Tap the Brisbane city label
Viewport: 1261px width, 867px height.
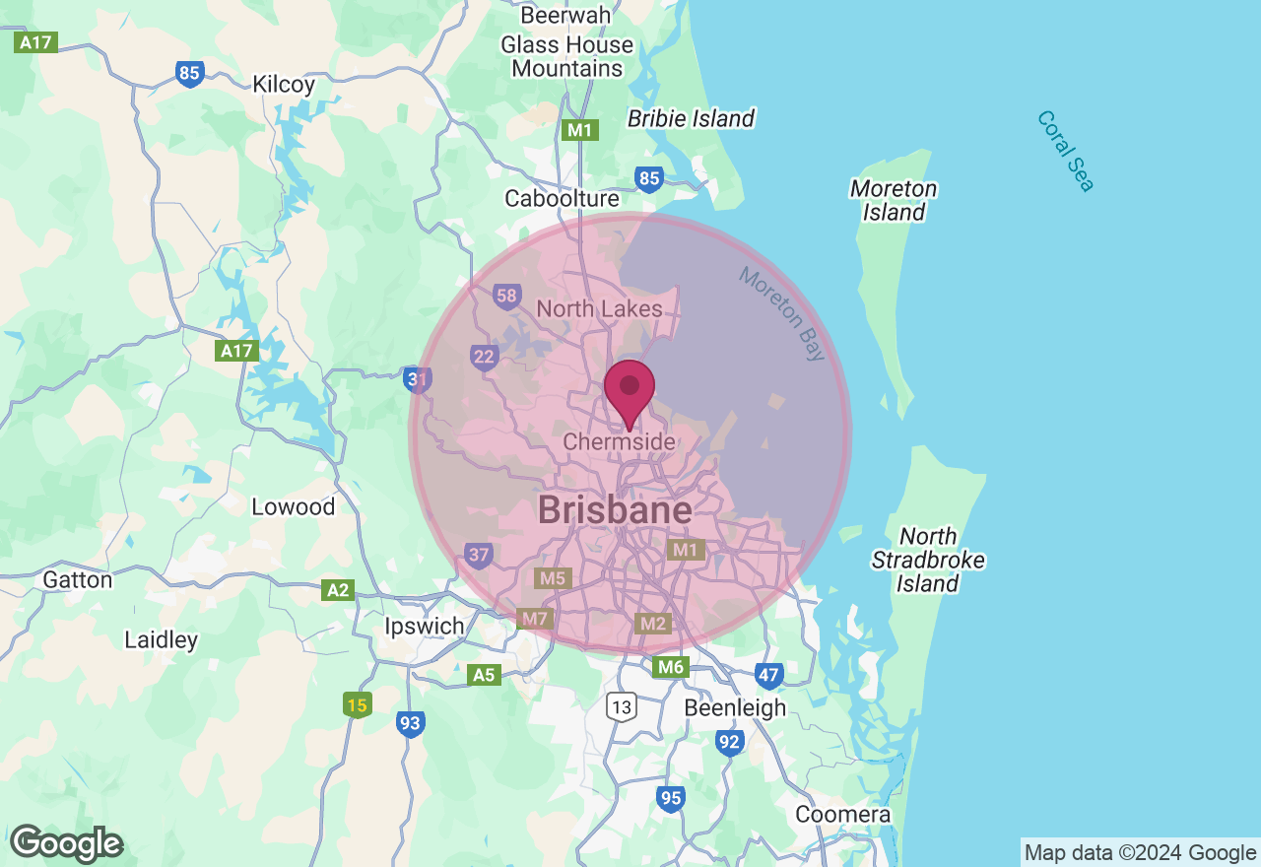click(615, 510)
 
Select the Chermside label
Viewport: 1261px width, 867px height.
click(619, 442)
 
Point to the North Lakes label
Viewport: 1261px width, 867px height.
click(599, 308)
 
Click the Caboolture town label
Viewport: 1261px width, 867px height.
click(562, 198)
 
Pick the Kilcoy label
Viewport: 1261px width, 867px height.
click(284, 84)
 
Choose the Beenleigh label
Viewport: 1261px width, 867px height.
click(735, 707)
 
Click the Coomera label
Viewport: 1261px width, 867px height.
click(842, 815)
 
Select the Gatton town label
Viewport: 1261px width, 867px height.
click(77, 579)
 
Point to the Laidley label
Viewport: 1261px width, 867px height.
click(161, 639)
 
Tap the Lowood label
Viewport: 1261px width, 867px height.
click(293, 506)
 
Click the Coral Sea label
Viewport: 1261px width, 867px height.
click(1065, 151)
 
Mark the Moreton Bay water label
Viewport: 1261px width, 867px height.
click(783, 313)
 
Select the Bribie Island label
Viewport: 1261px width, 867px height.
click(691, 119)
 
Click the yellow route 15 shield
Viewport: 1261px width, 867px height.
click(358, 704)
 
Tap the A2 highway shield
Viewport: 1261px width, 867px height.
click(338, 590)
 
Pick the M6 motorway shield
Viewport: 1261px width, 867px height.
click(670, 667)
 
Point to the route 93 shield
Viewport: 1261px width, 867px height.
click(411, 724)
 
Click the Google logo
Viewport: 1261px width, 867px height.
click(66, 844)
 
